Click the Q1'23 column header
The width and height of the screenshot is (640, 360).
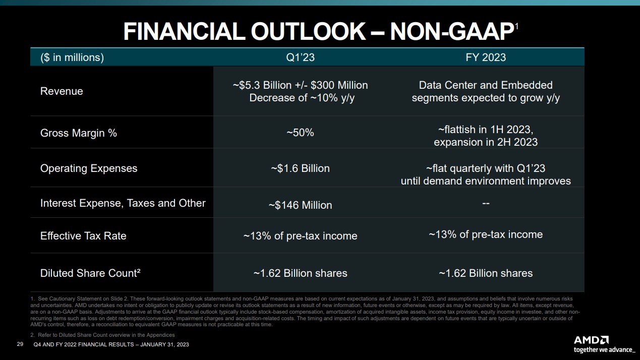coord(300,57)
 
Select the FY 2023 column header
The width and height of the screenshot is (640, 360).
coord(485,57)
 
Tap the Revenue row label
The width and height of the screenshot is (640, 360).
coord(62,91)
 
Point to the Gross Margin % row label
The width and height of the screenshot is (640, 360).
coord(79,133)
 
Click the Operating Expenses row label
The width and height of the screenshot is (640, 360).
coord(89,168)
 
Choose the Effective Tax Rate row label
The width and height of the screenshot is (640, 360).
coord(83,236)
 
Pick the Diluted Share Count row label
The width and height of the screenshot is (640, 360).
coord(90,273)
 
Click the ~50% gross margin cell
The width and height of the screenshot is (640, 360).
coord(300,133)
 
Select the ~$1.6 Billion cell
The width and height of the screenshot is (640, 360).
coord(300,168)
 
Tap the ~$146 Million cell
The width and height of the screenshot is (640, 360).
coord(300,205)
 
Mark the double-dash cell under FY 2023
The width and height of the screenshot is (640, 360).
coord(486,203)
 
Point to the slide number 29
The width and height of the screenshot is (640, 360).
coord(20,344)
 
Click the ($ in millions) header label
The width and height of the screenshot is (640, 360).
coord(72,57)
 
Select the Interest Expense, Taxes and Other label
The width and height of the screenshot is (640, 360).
coord(123,203)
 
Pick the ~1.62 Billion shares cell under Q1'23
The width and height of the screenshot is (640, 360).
coord(300,273)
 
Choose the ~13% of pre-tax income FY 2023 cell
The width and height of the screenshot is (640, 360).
coord(486,234)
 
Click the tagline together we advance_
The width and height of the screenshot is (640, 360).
coord(604,349)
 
